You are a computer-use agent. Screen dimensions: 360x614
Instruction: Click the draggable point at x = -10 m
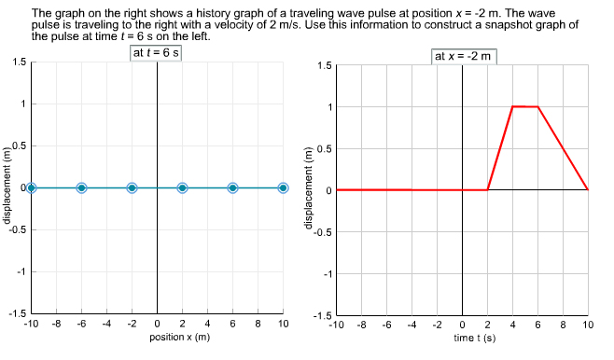[32, 187]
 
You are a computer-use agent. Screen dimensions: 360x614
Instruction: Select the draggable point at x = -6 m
[82, 187]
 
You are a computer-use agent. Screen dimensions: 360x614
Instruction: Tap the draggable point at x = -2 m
[133, 187]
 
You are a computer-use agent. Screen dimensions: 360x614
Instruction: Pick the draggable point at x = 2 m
[183, 187]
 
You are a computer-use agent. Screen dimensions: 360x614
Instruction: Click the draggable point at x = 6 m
[233, 187]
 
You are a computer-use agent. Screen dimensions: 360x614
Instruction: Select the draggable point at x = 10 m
[283, 187]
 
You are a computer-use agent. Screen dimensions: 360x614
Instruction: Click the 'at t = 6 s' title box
[157, 52]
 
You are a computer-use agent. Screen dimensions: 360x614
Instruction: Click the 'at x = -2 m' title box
[464, 56]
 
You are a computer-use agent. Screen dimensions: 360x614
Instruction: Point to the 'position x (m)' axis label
[179, 336]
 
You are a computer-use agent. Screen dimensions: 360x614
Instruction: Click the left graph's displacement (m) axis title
[7, 187]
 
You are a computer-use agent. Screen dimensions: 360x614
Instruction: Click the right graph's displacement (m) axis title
[309, 189]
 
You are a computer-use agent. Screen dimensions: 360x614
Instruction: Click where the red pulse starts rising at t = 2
[488, 189]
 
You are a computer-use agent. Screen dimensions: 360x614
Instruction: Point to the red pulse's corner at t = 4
[512, 106]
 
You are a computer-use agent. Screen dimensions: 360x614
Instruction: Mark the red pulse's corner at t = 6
[537, 106]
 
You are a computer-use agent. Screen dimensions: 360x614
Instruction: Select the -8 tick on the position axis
[56, 324]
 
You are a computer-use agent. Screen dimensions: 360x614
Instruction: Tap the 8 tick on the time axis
[563, 324]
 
